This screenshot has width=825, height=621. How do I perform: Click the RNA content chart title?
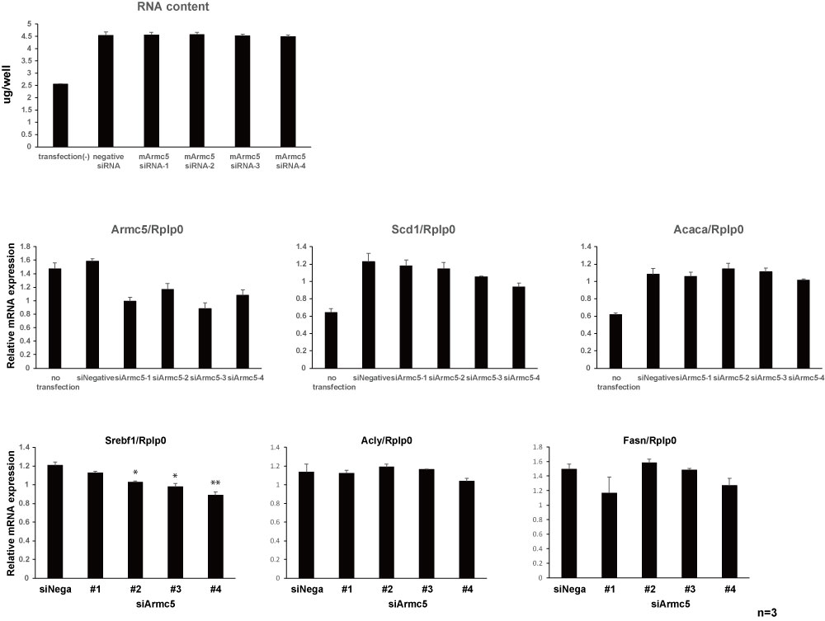(x=173, y=8)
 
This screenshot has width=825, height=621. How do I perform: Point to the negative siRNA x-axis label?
(x=107, y=160)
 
